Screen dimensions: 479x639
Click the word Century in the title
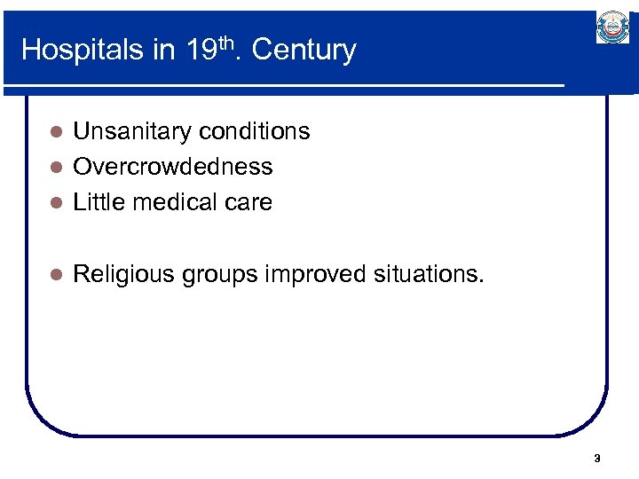click(x=304, y=50)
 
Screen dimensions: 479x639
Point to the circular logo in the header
click(x=612, y=29)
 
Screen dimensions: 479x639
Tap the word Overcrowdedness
click(x=172, y=167)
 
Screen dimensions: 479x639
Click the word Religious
click(x=123, y=274)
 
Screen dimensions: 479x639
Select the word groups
click(x=219, y=275)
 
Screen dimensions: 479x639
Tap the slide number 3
click(x=596, y=459)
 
